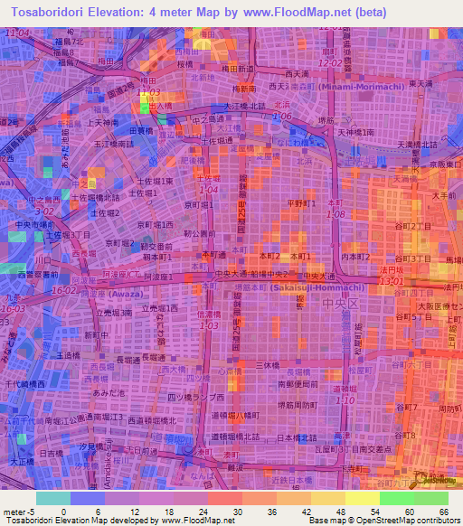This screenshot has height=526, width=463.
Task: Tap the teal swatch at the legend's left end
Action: pyautogui.click(x=52, y=497)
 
